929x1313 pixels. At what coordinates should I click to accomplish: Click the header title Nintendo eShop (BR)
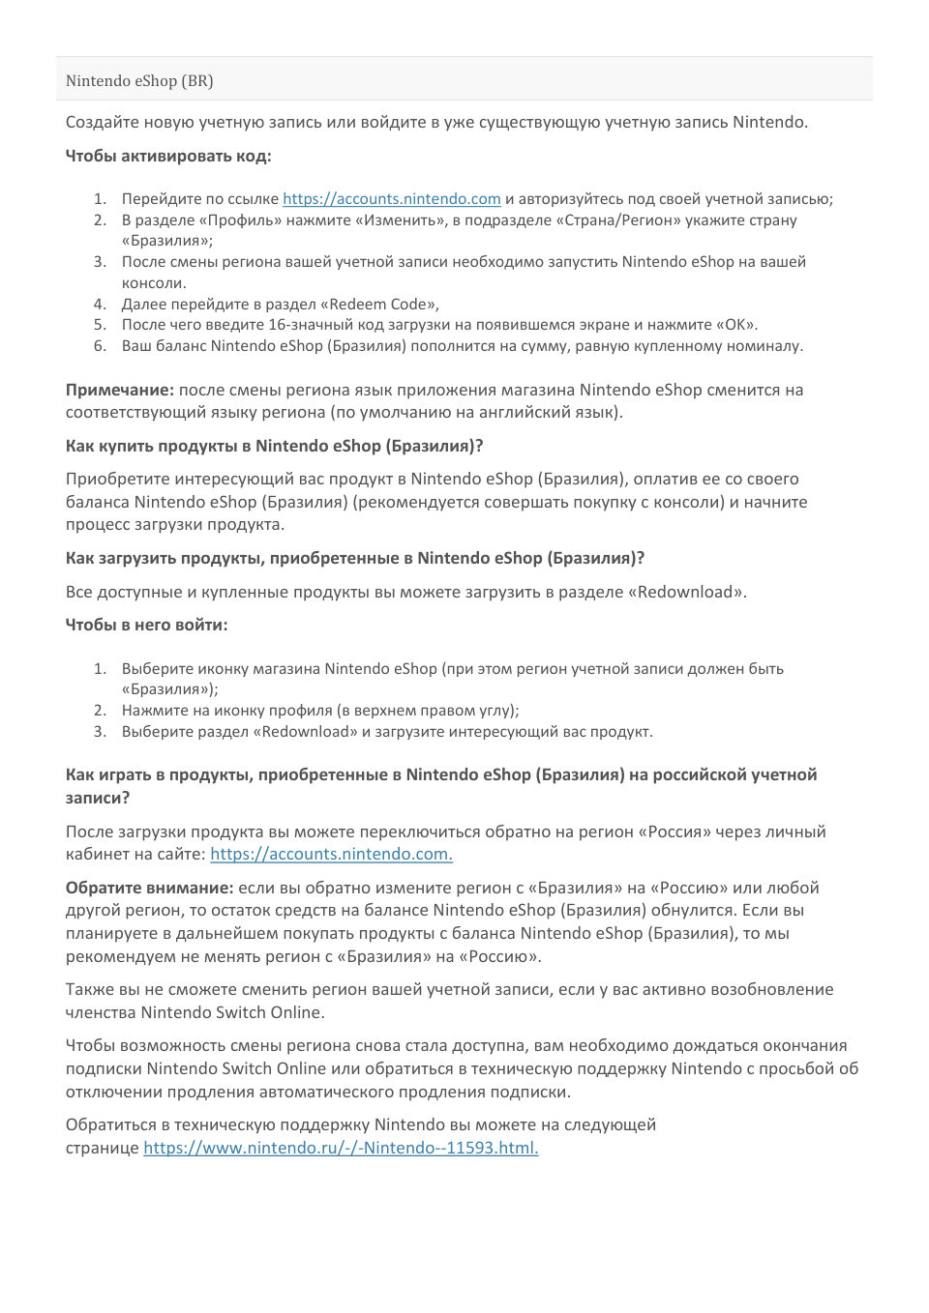tap(139, 81)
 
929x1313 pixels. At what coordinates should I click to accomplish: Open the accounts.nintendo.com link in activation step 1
tap(391, 199)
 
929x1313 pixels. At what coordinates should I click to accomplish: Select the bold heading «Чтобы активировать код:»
tap(168, 156)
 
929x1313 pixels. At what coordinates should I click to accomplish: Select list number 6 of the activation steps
tap(100, 346)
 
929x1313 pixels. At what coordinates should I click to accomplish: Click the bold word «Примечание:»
tap(120, 391)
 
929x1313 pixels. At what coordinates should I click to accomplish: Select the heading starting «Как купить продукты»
tap(274, 446)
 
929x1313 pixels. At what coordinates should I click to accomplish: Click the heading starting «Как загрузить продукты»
tap(354, 558)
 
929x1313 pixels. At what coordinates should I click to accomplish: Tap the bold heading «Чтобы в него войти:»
tap(146, 625)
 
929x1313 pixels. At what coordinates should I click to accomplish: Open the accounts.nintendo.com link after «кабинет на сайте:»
tap(331, 855)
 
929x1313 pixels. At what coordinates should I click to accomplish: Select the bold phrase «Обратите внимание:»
tap(149, 888)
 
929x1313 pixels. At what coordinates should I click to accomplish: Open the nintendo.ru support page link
tap(341, 1149)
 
